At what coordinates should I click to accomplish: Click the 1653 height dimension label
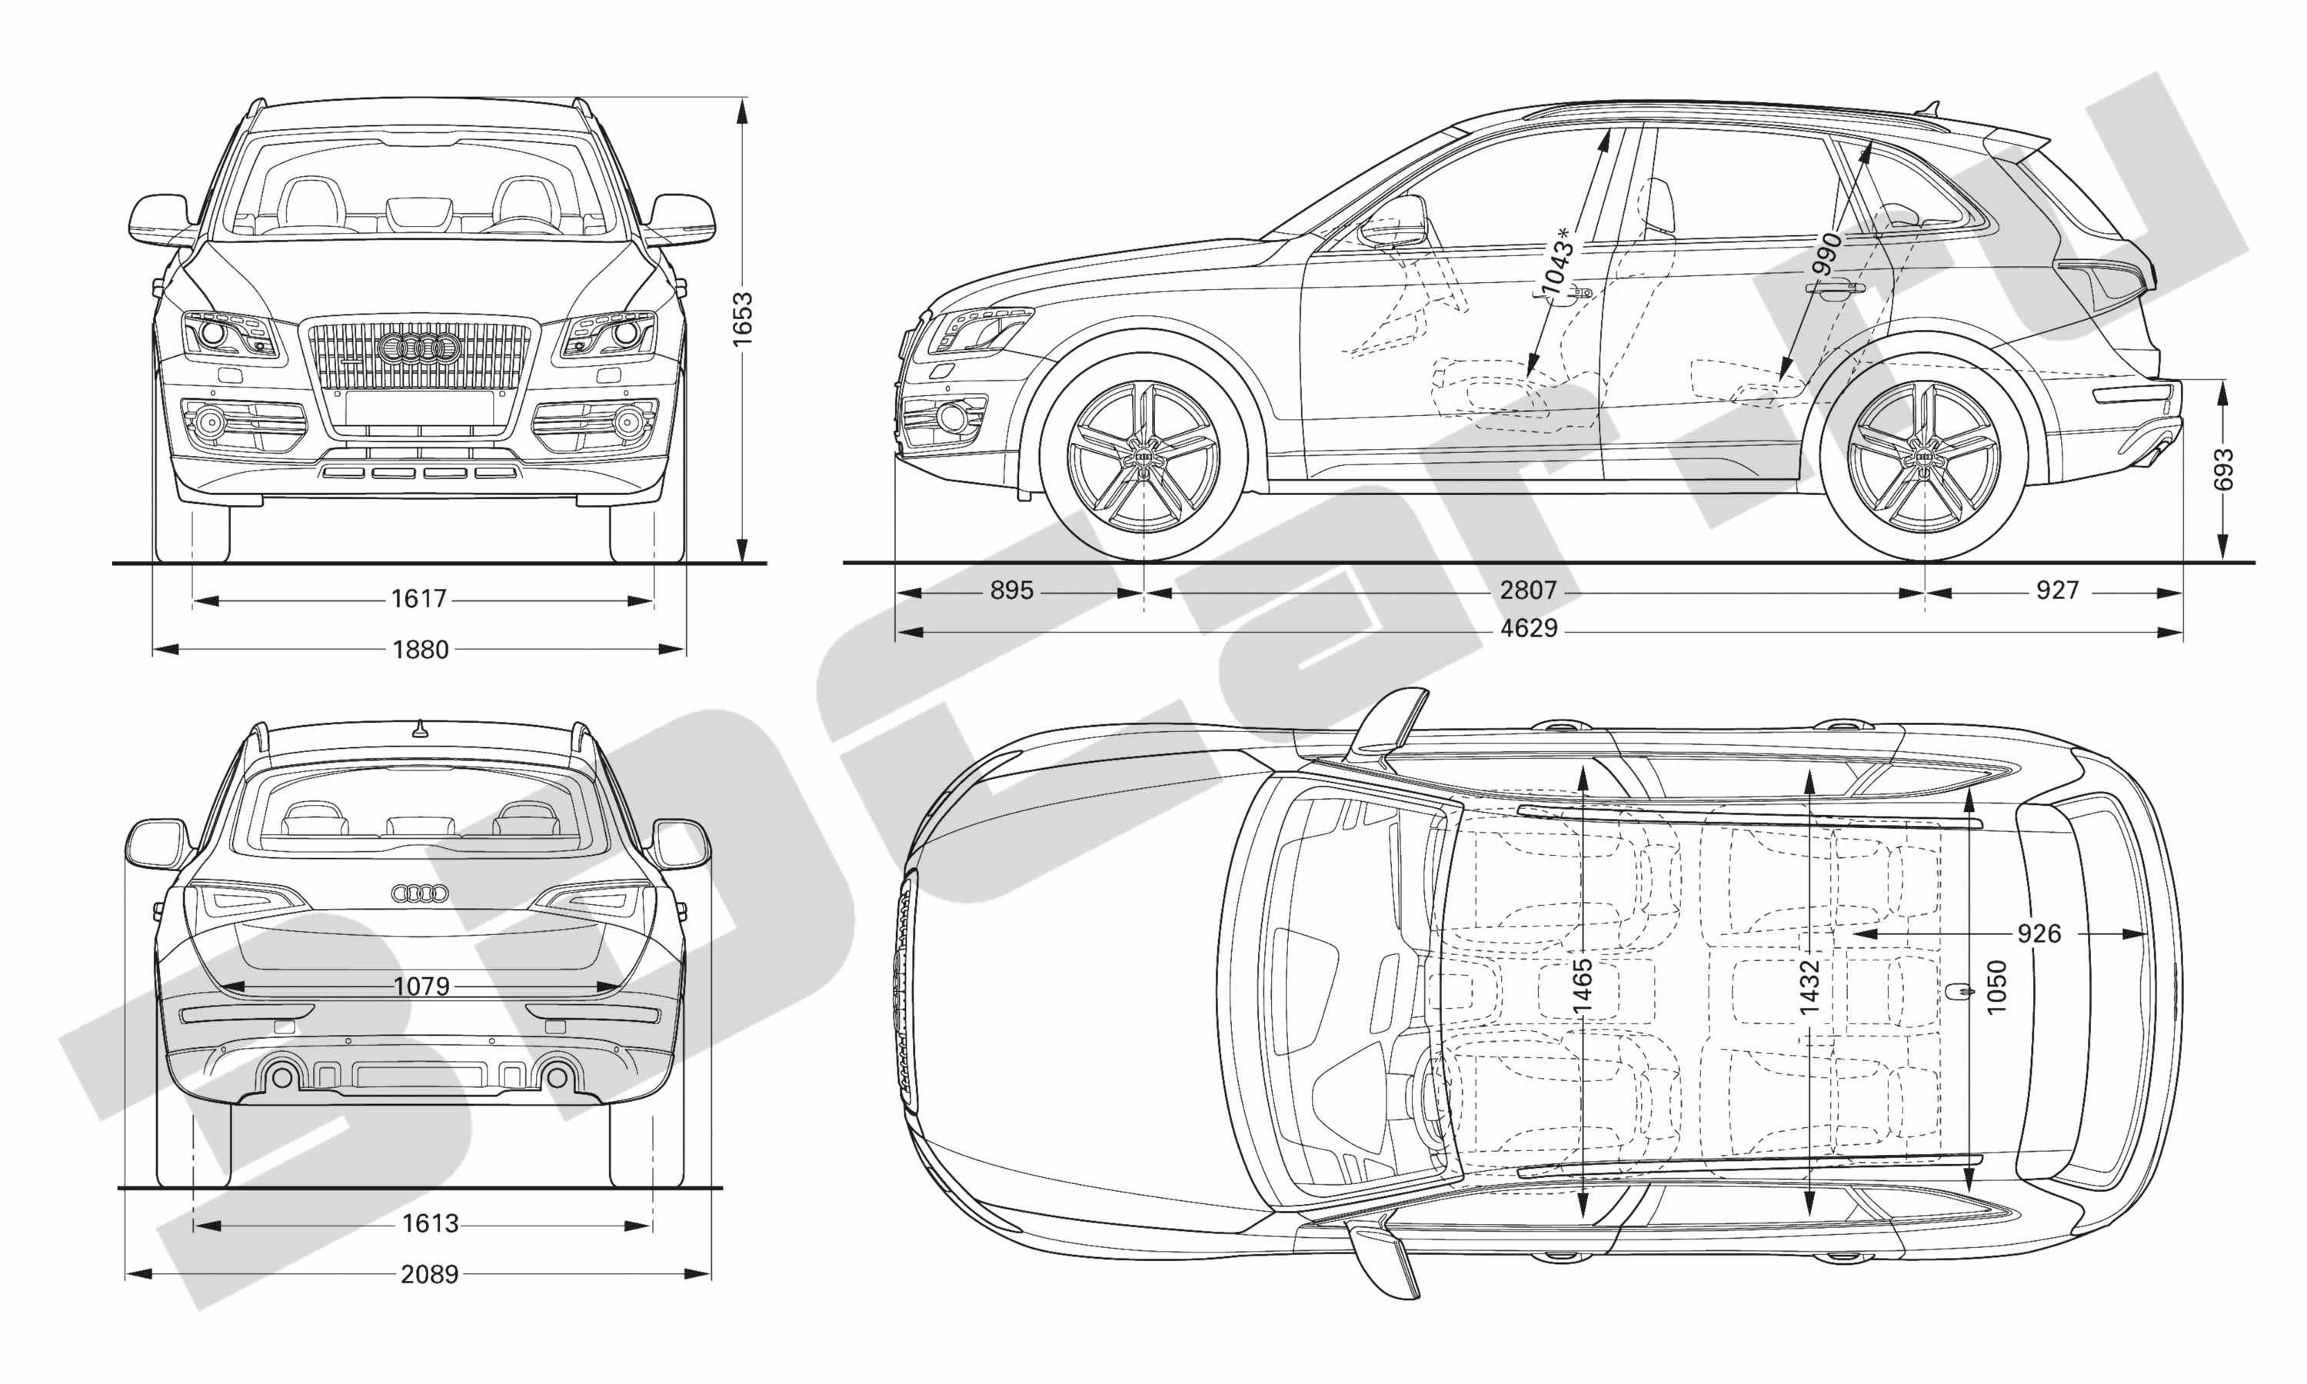742,320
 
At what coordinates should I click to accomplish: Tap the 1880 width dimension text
421,649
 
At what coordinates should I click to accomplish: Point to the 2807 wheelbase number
1528,590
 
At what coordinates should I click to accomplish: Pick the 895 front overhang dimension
1012,591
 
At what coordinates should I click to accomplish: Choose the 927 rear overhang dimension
2057,590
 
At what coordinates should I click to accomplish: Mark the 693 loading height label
2223,469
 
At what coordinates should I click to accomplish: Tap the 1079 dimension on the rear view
421,986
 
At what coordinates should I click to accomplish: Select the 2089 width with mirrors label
429,1273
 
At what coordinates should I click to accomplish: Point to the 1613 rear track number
430,1223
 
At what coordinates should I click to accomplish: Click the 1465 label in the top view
1582,986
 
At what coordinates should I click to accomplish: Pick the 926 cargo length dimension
2039,933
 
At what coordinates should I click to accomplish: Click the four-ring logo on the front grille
418,349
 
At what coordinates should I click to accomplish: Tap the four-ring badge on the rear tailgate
420,893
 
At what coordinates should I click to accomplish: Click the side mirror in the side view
1393,222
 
